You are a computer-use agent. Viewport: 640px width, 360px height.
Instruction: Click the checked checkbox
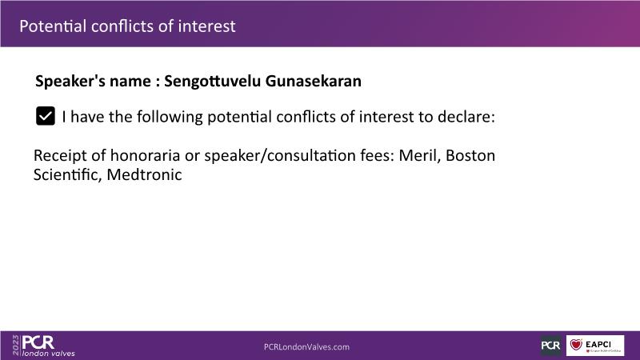coord(46,116)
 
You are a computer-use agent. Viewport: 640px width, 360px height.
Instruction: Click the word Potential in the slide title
coord(53,26)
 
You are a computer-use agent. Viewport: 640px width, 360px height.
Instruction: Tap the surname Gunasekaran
coord(313,81)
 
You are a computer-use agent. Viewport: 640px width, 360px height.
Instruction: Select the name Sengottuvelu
coord(212,82)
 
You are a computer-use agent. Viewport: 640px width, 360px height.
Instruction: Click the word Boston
coord(470,155)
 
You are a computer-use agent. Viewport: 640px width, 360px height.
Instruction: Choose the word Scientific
coord(67,174)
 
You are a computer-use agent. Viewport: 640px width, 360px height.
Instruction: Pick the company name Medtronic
coord(144,174)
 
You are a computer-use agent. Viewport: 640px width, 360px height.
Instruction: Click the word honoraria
coord(145,155)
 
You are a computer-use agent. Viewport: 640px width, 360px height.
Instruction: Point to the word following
coord(170,117)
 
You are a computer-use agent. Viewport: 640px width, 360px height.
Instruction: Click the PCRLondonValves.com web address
coord(306,347)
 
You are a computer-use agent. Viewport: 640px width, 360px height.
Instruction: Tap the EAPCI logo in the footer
coord(595,346)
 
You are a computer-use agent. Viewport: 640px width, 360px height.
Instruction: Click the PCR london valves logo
coord(48,346)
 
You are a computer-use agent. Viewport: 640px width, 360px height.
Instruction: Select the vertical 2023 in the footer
coord(16,346)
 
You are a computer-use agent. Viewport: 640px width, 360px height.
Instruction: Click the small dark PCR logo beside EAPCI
coord(550,346)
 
